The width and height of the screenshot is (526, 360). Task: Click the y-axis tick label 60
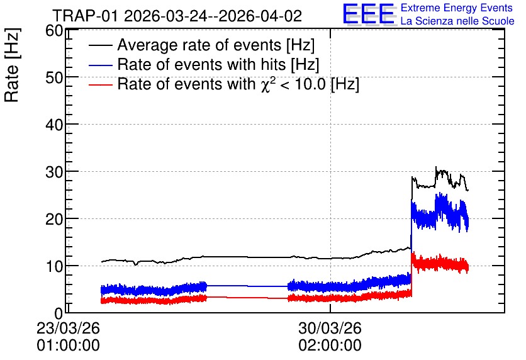(x=54, y=31)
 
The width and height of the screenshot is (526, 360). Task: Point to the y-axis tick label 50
(x=54, y=78)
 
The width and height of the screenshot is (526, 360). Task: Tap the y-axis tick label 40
(x=54, y=125)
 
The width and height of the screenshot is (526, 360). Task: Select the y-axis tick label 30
(x=54, y=172)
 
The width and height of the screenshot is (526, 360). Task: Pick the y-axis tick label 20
(x=54, y=220)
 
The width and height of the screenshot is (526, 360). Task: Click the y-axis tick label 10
(x=54, y=266)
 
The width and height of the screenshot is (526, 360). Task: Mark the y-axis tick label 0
(x=59, y=313)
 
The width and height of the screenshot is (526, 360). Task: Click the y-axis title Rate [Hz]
(x=12, y=65)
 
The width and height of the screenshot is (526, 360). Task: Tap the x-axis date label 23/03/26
(x=68, y=328)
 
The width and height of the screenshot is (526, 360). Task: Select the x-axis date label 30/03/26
(x=330, y=328)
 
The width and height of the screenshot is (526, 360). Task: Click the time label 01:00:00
(x=68, y=345)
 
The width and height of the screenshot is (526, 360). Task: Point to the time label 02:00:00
(x=330, y=345)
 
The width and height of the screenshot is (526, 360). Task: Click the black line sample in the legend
(x=101, y=45)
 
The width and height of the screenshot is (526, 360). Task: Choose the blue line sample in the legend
(x=101, y=65)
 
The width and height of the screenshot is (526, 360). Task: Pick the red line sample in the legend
(x=101, y=84)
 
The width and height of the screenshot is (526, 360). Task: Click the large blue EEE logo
(x=369, y=14)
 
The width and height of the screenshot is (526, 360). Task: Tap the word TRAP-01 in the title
(x=86, y=16)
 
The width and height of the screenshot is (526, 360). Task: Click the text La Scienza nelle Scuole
(x=457, y=21)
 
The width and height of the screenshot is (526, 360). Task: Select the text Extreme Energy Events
(x=457, y=8)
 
